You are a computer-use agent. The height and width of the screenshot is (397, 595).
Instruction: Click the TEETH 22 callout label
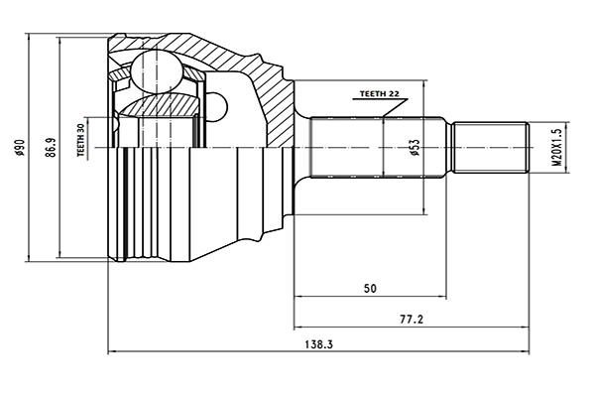pos(379,92)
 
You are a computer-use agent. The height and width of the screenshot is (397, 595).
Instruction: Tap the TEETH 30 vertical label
pos(81,141)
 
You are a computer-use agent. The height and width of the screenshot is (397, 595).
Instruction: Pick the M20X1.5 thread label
pos(557,148)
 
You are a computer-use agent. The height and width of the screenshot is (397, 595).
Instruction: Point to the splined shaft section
pos(382,149)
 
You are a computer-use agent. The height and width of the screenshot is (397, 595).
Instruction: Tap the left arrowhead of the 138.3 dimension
pos(111,351)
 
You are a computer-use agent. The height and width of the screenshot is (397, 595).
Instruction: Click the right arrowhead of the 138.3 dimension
pos(525,351)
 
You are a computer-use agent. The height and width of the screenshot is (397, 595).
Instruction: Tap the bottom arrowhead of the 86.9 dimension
pos(60,256)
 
